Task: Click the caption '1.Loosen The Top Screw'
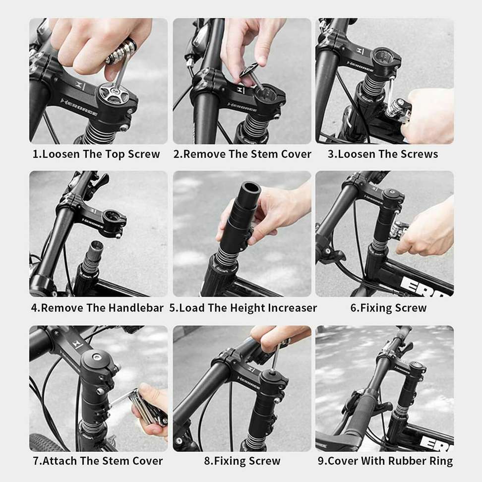point(96,154)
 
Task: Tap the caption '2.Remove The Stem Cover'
point(242,154)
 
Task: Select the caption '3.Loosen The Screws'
point(383,154)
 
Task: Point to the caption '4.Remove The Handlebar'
point(97,308)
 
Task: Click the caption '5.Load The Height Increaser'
point(243,308)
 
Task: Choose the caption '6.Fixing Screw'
point(389,308)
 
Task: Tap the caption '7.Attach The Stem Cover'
point(98,461)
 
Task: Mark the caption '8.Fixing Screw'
point(242,461)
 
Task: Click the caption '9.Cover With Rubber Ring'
point(385,461)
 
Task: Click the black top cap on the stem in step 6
point(392,193)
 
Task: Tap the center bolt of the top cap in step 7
point(97,357)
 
